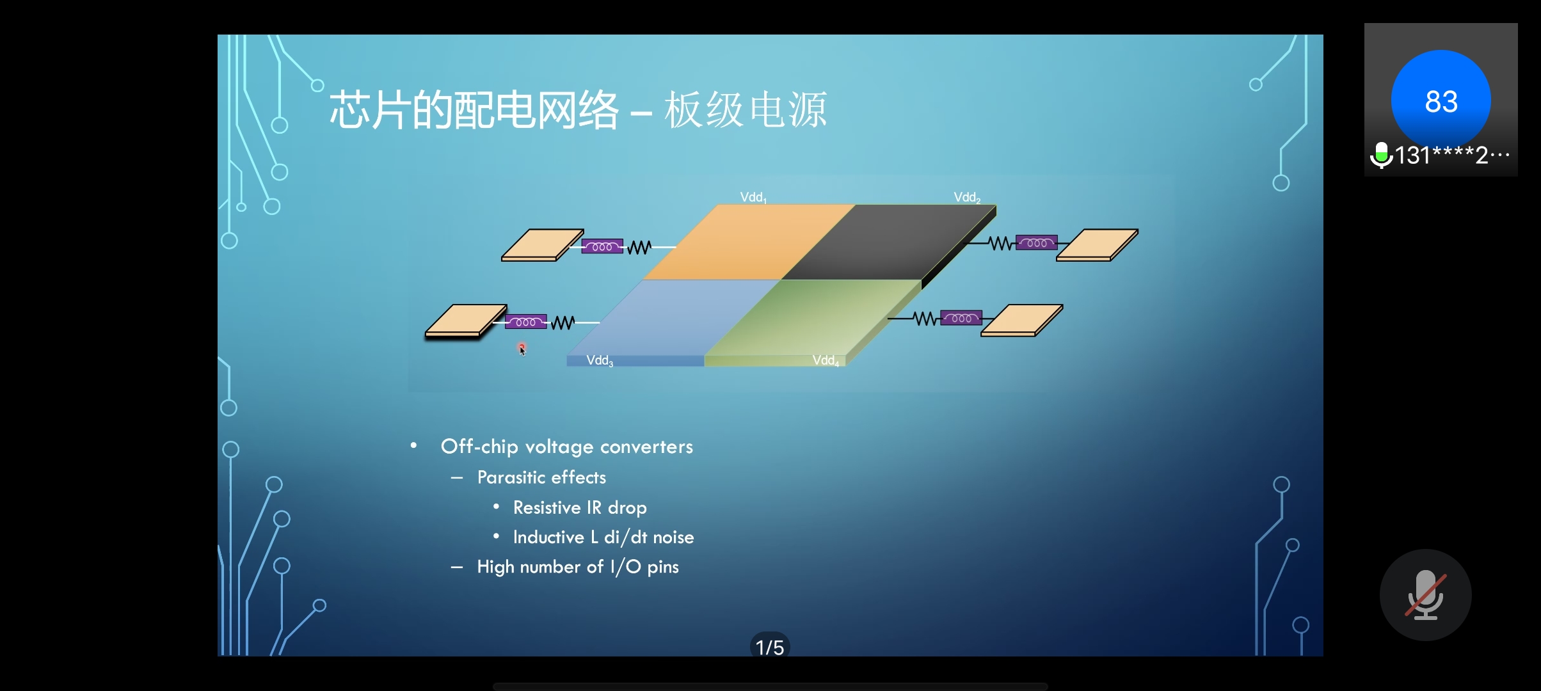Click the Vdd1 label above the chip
(753, 198)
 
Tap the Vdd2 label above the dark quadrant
(967, 198)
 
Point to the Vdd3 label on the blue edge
(600, 361)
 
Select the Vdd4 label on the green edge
(826, 361)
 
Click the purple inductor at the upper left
(602, 246)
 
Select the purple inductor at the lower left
(526, 322)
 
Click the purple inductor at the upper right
(1037, 243)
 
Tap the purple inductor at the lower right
(961, 318)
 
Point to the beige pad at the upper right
(1098, 245)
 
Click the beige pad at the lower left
(467, 321)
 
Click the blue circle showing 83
(1441, 100)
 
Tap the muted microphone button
(1426, 595)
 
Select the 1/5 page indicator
(770, 647)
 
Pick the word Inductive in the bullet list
(548, 537)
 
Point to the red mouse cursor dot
(522, 347)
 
